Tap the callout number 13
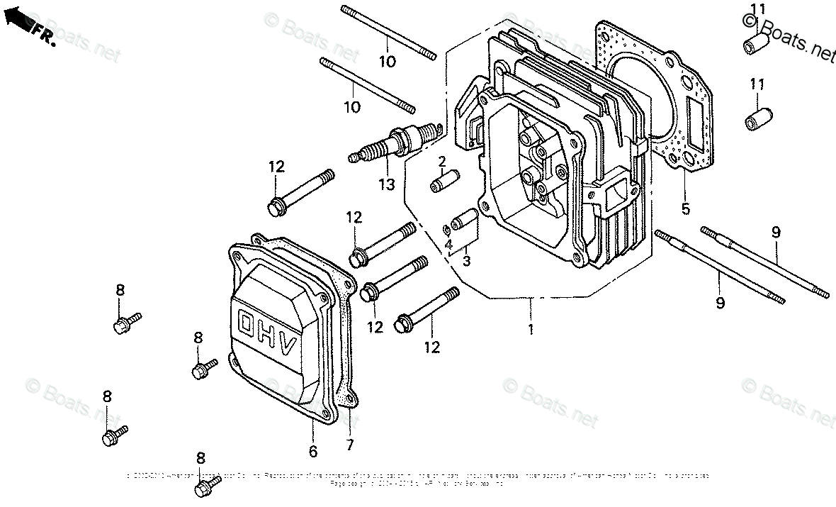[x=387, y=185]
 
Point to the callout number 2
[x=441, y=162]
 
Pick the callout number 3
[x=466, y=260]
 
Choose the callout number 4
[x=448, y=245]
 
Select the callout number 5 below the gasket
[x=685, y=209]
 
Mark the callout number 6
[x=313, y=451]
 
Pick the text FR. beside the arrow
[x=44, y=35]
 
